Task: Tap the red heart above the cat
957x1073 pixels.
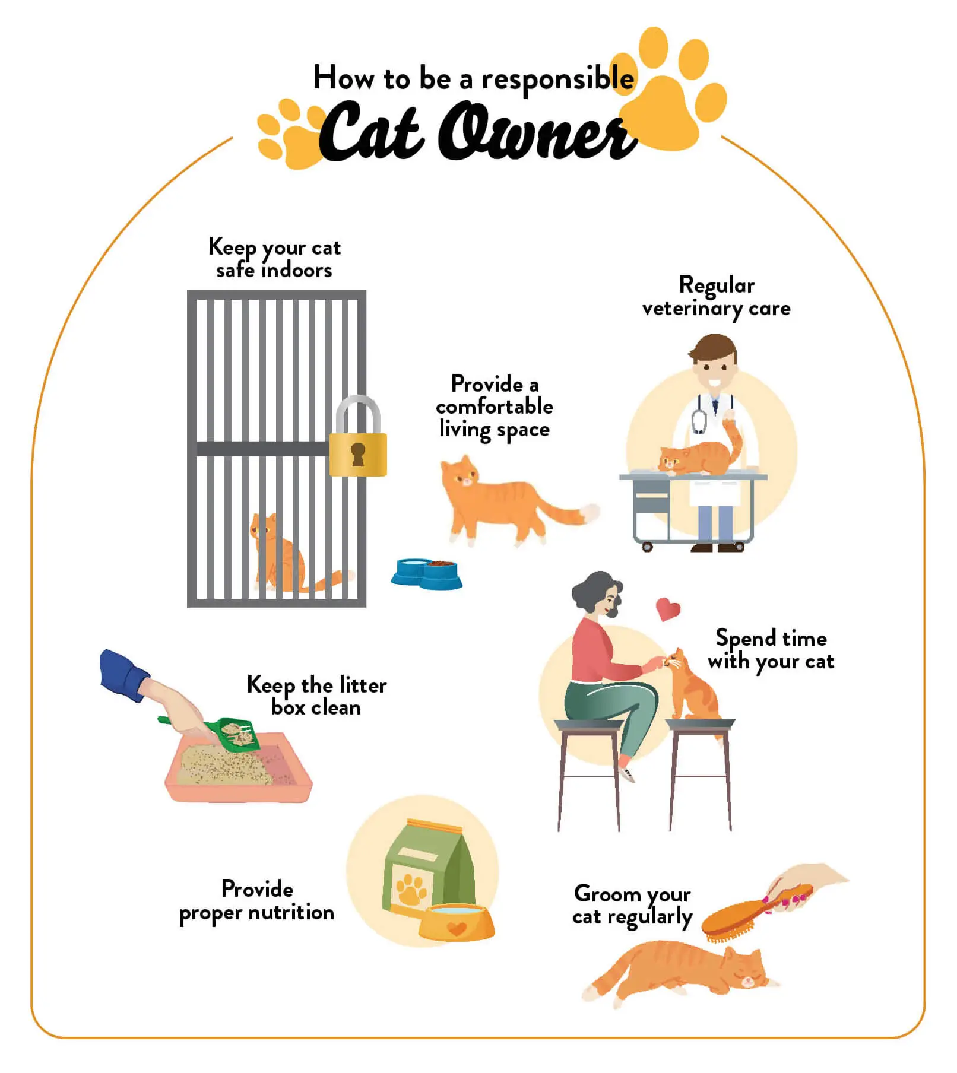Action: pos(668,609)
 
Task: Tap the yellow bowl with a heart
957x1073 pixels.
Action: pos(456,922)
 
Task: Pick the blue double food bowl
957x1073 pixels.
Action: pos(426,573)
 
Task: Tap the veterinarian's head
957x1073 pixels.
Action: pos(715,362)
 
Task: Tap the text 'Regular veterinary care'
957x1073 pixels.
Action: pos(717,297)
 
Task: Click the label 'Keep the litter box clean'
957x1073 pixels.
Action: pos(316,696)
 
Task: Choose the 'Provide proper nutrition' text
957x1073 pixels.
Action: pos(257,901)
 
